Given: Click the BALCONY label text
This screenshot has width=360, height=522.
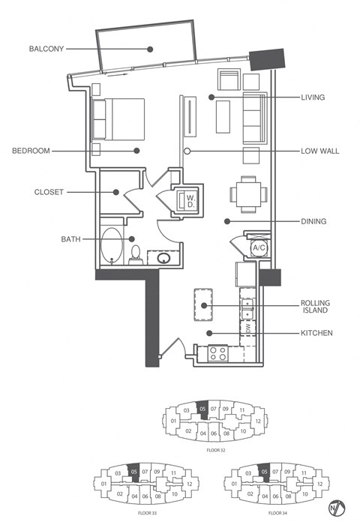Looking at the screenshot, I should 46,49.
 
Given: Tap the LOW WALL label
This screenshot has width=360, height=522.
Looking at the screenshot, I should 319,151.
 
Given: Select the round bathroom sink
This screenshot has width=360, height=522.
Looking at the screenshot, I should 163,259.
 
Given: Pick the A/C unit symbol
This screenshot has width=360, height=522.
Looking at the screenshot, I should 259,247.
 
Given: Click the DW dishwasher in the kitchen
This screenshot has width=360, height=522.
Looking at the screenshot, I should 247,328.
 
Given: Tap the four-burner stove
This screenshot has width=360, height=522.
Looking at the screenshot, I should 218,352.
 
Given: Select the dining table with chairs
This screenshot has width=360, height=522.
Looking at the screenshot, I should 247,193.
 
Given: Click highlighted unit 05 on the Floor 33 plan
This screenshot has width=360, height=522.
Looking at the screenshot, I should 133,472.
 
